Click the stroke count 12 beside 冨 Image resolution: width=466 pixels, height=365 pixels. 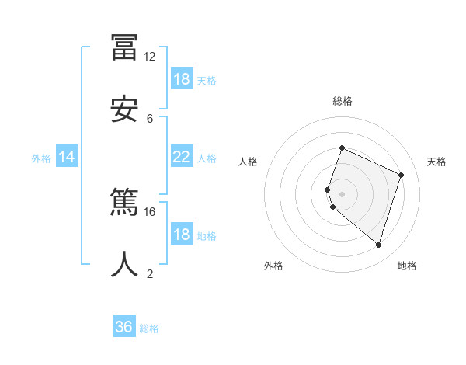[x=149, y=57]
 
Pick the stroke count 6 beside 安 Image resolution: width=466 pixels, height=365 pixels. [x=150, y=118]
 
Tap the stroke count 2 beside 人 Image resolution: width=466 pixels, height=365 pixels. [x=150, y=273]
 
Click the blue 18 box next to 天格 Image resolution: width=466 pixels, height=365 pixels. [x=181, y=79]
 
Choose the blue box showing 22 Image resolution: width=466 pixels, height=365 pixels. [x=181, y=158]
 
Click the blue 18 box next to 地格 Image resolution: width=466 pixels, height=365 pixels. [x=181, y=235]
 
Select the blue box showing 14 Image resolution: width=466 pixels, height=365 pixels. [x=67, y=158]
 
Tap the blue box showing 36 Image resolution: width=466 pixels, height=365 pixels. [x=124, y=327]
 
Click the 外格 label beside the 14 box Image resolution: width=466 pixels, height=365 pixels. [x=41, y=158]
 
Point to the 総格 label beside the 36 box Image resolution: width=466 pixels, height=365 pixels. [x=149, y=328]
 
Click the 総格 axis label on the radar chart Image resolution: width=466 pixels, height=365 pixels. [x=343, y=101]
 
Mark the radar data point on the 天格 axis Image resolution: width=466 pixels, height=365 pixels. [x=402, y=175]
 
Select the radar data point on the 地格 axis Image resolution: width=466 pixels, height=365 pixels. [x=378, y=245]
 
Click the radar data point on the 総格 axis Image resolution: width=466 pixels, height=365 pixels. [x=342, y=148]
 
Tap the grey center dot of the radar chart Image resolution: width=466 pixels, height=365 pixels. [x=342, y=193]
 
